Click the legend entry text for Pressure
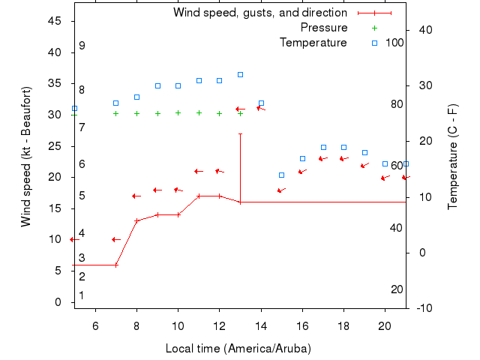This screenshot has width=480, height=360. click(323, 28)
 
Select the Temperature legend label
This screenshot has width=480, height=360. click(313, 43)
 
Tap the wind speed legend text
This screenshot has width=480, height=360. click(259, 13)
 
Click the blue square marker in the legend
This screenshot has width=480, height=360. click(374, 43)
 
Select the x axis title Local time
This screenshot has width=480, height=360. click(238, 349)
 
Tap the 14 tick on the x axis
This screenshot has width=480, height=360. click(261, 325)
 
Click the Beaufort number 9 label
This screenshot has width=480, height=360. click(82, 46)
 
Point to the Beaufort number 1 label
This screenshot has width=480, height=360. click(82, 295)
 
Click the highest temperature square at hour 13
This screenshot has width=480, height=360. click(240, 74)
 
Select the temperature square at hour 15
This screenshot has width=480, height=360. click(281, 175)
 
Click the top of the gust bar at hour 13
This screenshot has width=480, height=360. click(240, 134)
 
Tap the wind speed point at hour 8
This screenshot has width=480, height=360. click(136, 220)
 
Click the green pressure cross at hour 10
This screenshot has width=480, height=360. click(178, 112)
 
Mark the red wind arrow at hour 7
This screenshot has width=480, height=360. click(115, 239)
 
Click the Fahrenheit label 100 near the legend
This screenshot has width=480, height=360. click(394, 43)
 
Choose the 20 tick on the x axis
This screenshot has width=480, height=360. click(385, 325)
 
